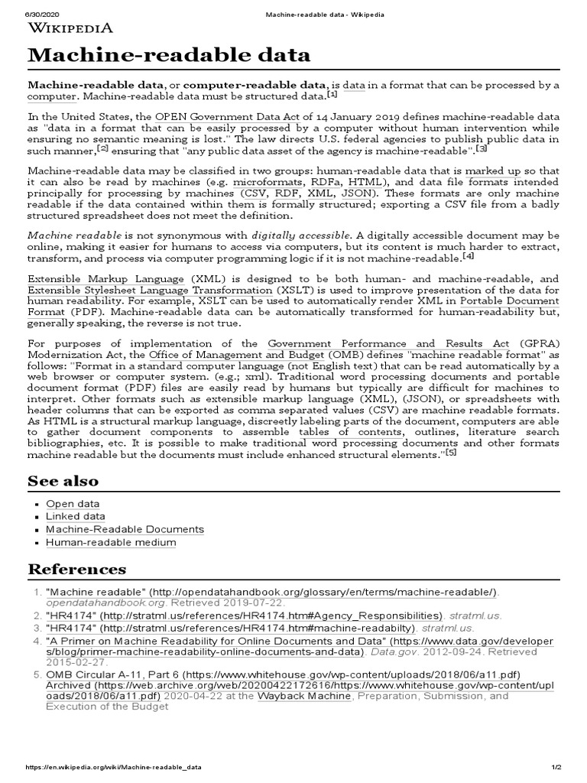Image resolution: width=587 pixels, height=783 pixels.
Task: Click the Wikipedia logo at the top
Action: click(70, 28)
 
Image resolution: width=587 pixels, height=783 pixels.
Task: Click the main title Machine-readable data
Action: click(169, 55)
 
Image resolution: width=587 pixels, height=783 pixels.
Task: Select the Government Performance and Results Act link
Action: click(388, 345)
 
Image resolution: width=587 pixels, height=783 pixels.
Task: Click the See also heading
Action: click(63, 481)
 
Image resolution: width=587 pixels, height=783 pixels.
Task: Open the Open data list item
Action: click(73, 504)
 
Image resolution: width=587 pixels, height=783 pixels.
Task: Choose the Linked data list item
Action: click(76, 517)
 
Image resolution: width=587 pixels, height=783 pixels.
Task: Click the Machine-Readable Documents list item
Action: click(125, 529)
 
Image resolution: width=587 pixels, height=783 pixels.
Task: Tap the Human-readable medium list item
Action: click(111, 542)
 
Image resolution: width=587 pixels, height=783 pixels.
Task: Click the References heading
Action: click(76, 569)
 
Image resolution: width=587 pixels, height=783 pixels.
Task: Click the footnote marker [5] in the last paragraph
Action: click(451, 453)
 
